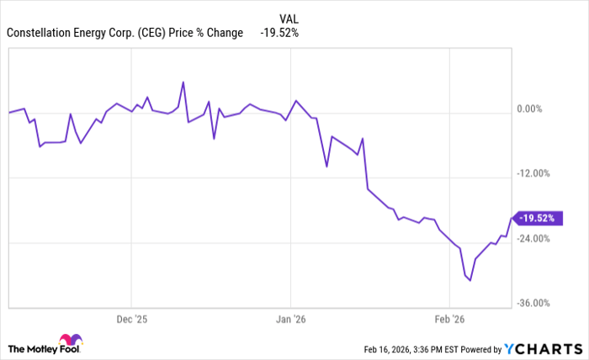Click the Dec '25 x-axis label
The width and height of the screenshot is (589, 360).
point(131,320)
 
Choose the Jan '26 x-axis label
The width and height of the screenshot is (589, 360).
point(290,320)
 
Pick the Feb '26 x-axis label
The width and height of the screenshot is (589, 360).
point(449,320)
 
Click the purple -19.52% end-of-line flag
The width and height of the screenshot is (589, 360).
point(536,218)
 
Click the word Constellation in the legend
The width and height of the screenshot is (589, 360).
point(40,33)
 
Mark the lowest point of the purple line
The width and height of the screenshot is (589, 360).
point(470,280)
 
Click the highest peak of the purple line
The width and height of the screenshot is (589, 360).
point(183,82)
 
